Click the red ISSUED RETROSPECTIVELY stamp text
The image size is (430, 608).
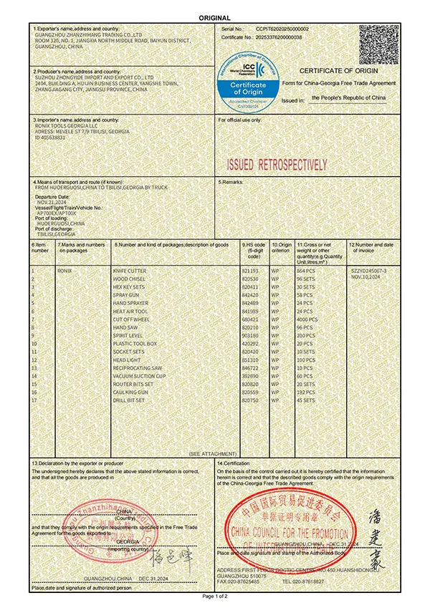[x=276, y=165]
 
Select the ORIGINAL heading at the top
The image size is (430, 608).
[x=214, y=18]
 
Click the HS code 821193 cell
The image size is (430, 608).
[x=249, y=272]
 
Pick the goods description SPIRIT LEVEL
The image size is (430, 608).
[x=128, y=335]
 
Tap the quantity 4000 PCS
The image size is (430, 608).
[x=307, y=319]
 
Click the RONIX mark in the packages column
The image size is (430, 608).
[x=65, y=272]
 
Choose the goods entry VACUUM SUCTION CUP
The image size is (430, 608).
[x=139, y=375]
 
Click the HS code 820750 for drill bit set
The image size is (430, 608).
[x=249, y=400]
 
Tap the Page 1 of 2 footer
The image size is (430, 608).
[x=215, y=596]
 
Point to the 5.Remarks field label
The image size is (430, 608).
[x=232, y=183]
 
